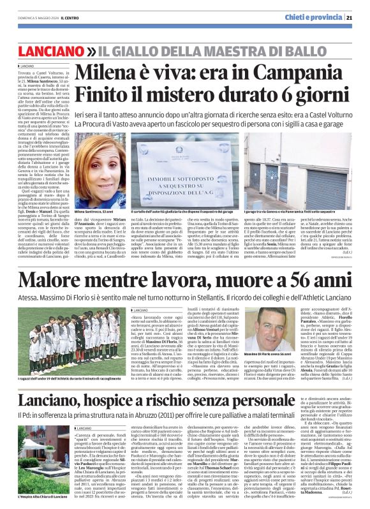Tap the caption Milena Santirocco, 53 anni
tap(95, 210)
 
